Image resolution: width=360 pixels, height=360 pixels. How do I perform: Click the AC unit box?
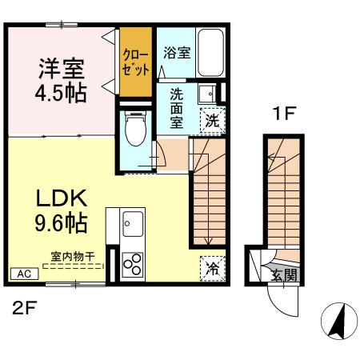point(25,274)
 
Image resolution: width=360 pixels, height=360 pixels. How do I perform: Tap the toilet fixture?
point(136,128)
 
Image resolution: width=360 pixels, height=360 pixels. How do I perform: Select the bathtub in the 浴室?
point(210,53)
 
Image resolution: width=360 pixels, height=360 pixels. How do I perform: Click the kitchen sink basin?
point(133,224)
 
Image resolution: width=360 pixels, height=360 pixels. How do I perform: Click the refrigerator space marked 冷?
point(213,269)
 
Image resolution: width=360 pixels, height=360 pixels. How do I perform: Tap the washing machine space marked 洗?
point(213,120)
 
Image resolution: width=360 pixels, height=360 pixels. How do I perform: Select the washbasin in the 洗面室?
point(207,94)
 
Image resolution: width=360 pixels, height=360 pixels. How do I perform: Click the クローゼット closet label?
point(136,62)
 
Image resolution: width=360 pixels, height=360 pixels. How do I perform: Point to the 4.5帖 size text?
point(61,94)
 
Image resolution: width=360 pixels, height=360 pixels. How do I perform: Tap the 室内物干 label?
point(73,257)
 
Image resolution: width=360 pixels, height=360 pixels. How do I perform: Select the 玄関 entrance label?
point(284,274)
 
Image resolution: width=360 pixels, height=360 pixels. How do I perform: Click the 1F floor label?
point(284,114)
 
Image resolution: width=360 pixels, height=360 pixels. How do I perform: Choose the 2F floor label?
point(25,308)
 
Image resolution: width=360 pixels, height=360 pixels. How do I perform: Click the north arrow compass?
point(339,321)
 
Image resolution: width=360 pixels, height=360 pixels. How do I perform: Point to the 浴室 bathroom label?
point(177,53)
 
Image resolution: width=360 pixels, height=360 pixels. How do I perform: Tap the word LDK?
point(62,198)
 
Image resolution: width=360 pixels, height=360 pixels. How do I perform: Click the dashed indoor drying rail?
point(74,266)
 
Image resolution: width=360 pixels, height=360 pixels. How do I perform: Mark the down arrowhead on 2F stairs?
point(209,241)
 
